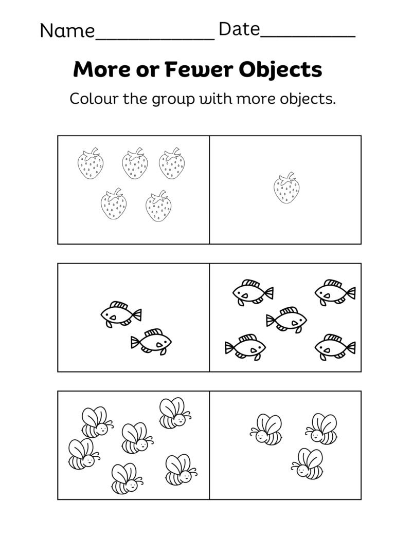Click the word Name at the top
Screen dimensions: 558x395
point(67,31)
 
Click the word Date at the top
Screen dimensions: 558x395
point(239,30)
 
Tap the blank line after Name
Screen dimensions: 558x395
point(155,39)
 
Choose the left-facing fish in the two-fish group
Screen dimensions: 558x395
point(120,314)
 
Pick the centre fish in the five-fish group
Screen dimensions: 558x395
point(286,320)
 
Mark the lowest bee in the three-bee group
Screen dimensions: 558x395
point(308,463)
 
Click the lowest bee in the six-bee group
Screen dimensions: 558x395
point(126,478)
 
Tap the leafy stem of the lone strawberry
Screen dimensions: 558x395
point(289,176)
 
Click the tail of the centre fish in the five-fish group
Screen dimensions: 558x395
point(271,321)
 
